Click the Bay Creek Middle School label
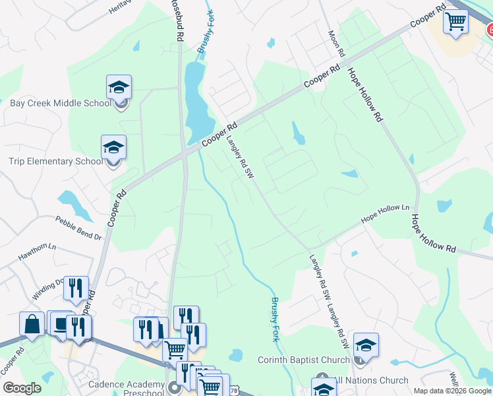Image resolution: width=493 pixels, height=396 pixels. tap(61, 104)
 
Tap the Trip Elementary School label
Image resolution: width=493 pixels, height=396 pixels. tap(56, 162)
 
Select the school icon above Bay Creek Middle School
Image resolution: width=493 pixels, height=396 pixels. tap(119, 87)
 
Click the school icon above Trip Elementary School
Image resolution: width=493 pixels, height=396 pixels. tap(113, 147)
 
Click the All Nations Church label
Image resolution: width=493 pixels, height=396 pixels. tap(371, 381)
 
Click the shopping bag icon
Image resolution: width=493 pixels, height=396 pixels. tap(32, 324)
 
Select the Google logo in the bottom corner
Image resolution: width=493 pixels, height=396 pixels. tap(22, 389)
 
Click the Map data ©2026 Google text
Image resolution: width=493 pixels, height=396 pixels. tap(451, 391)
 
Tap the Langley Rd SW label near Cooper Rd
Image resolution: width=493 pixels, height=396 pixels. tap(241, 157)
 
